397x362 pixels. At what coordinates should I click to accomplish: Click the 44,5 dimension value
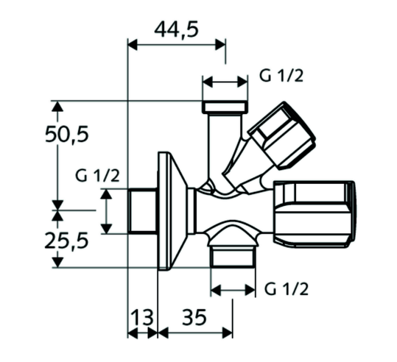(x=176, y=30)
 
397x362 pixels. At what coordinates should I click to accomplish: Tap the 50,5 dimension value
(x=67, y=134)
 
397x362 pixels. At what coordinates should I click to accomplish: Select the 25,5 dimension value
(x=66, y=241)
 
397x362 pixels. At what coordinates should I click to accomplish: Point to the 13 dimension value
(x=142, y=317)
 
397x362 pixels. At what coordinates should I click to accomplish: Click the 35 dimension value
(x=194, y=317)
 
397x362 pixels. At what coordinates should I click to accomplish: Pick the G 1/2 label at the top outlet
(x=281, y=75)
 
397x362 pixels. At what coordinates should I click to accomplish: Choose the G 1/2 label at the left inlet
(x=98, y=175)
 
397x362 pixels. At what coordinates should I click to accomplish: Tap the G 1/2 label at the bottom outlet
(x=286, y=289)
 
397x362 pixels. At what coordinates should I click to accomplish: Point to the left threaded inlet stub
(x=142, y=211)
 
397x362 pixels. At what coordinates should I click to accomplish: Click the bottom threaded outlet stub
(x=233, y=256)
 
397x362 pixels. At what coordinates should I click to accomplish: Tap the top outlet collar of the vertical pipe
(x=225, y=107)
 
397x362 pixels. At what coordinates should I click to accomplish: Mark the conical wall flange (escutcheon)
(x=172, y=211)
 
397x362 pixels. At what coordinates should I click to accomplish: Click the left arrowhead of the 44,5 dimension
(x=133, y=45)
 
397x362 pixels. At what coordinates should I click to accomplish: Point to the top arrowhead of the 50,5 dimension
(x=58, y=106)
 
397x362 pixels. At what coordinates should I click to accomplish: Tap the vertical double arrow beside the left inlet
(x=106, y=211)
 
